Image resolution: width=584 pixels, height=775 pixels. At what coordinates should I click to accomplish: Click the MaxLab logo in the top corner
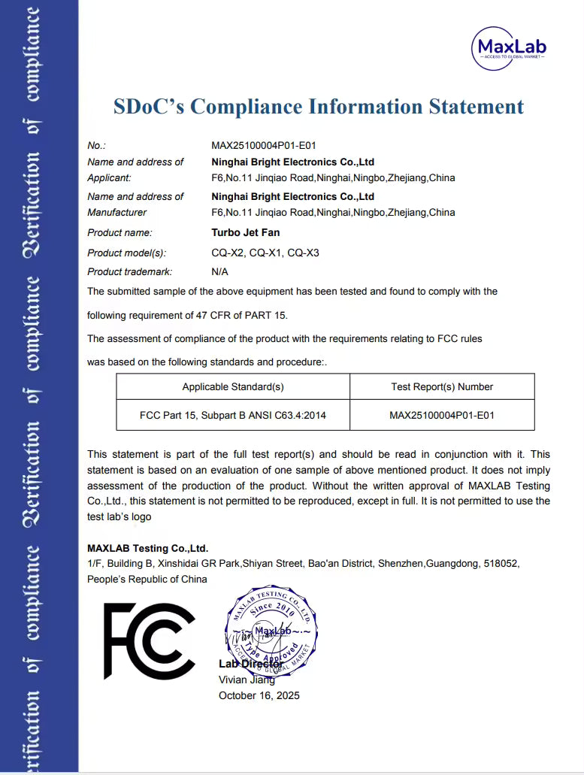(509, 47)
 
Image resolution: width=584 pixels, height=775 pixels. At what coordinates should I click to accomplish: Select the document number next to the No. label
(259, 145)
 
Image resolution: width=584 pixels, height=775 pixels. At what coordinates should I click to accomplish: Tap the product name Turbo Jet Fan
(246, 232)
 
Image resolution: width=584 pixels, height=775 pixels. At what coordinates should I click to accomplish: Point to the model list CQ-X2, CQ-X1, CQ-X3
(265, 253)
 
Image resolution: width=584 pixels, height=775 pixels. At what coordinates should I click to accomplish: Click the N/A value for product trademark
(220, 271)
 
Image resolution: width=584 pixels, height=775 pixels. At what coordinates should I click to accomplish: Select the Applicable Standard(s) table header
(233, 387)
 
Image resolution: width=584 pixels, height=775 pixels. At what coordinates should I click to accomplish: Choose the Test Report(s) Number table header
(442, 387)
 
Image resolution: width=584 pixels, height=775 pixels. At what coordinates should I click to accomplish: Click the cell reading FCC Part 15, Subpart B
(233, 415)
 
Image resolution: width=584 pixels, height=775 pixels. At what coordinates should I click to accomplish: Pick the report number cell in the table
(442, 415)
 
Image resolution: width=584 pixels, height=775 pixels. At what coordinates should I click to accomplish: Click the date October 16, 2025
(259, 695)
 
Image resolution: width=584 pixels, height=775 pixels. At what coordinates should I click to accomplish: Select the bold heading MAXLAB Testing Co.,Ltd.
(148, 548)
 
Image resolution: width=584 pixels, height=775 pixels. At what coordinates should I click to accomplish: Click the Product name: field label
(120, 232)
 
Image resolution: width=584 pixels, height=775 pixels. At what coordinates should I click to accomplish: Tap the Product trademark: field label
(130, 271)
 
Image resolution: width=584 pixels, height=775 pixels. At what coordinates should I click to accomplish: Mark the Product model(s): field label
(127, 253)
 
